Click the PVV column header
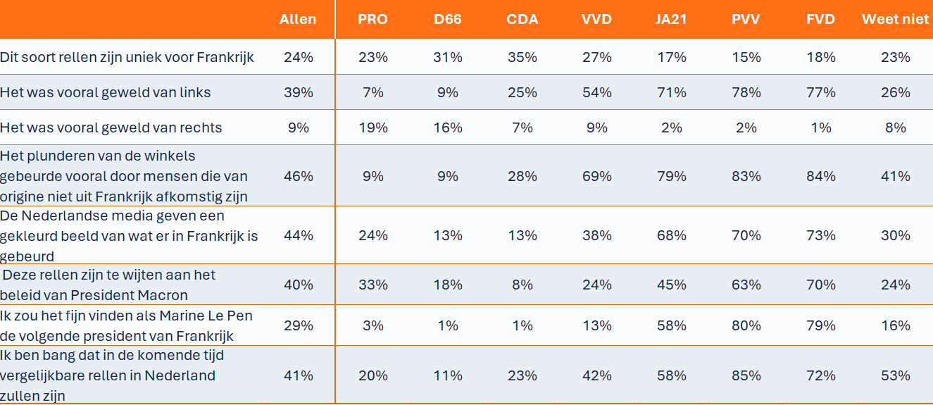pyautogui.click(x=746, y=19)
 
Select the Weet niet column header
pyautogui.click(x=895, y=19)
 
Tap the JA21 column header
pyautogui.click(x=670, y=19)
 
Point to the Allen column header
pyautogui.click(x=297, y=19)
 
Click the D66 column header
pyautogui.click(x=447, y=19)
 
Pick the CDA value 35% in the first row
pyautogui.click(x=522, y=57)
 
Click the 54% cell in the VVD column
pyautogui.click(x=597, y=92)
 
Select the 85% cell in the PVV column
pyautogui.click(x=746, y=375)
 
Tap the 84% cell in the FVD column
pyautogui.click(x=820, y=176)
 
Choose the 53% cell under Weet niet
pyautogui.click(x=896, y=375)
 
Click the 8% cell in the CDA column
pyautogui.click(x=522, y=285)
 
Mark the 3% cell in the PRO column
pyautogui.click(x=372, y=325)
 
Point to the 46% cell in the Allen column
pyautogui.click(x=299, y=176)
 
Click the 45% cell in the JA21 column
pyautogui.click(x=672, y=285)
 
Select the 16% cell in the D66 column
pyautogui.click(x=448, y=127)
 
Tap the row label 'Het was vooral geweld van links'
pyautogui.click(x=106, y=92)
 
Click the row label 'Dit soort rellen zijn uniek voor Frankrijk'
pyautogui.click(x=127, y=57)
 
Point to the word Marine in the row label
pyautogui.click(x=182, y=316)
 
